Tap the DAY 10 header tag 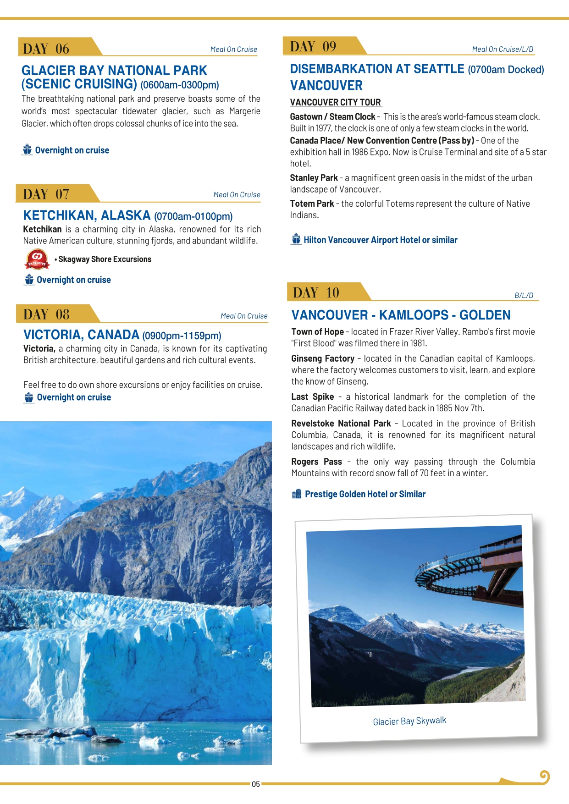tap(316, 292)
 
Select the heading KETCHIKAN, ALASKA tap(87, 215)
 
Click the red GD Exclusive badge tap(37, 259)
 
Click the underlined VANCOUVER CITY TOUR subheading tap(336, 102)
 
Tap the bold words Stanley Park tap(314, 178)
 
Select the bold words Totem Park tap(312, 204)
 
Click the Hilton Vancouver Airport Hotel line tap(380, 240)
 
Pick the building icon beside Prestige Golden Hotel tap(297, 494)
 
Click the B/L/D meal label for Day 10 tap(524, 296)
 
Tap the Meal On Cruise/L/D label tap(503, 49)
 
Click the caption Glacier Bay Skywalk tap(409, 721)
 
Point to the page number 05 tap(256, 784)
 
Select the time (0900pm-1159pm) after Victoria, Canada tap(182, 336)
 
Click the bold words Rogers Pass tap(316, 462)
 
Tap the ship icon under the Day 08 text tap(29, 397)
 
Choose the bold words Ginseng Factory tap(323, 358)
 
